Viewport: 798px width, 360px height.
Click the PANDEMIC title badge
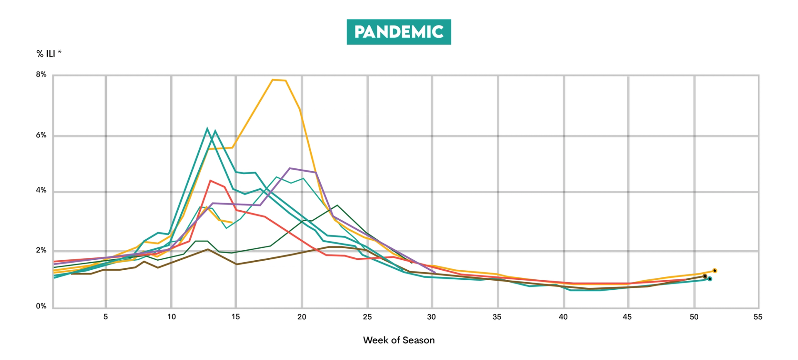(399, 32)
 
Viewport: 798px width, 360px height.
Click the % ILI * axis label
(49, 54)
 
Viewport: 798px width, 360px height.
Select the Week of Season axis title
(399, 340)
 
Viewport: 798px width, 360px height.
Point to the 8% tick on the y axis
(41, 74)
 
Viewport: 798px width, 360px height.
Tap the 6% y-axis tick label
(41, 135)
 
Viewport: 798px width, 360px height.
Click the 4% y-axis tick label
(41, 190)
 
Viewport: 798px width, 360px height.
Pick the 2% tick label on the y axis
(41, 250)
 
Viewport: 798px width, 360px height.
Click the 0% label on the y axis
(41, 306)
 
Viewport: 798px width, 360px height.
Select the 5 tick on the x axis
(106, 317)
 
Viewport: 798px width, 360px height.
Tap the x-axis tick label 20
(302, 317)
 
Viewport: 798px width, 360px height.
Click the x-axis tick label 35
(497, 317)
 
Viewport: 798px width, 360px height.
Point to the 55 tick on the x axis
(758, 317)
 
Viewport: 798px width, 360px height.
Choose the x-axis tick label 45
(627, 317)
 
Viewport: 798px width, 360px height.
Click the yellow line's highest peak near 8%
(273, 80)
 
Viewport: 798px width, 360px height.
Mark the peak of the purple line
(290, 168)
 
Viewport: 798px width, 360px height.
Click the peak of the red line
(211, 181)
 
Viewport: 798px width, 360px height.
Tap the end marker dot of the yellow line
(714, 271)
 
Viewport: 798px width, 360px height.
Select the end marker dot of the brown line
(705, 276)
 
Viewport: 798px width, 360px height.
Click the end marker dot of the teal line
(710, 279)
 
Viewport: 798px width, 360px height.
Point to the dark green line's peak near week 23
(337, 205)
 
